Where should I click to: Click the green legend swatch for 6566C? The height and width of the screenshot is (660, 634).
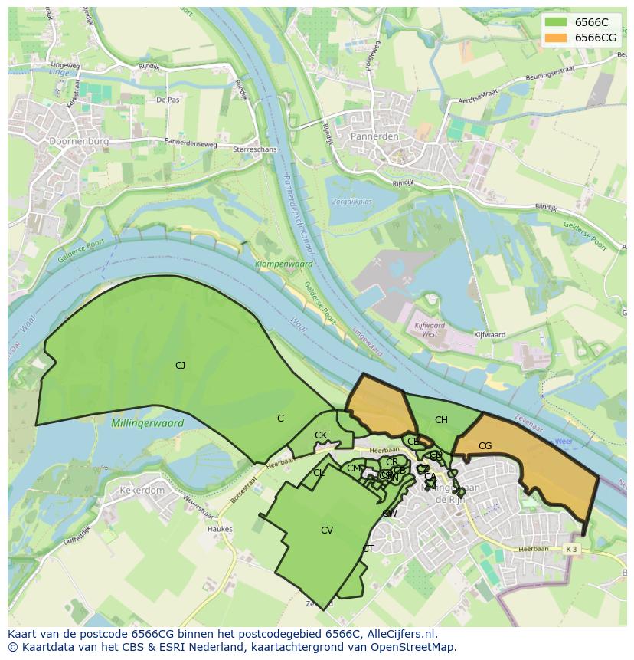[556, 22]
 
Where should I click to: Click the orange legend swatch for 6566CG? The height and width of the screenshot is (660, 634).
[556, 38]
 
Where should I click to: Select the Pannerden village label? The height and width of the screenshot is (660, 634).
[374, 136]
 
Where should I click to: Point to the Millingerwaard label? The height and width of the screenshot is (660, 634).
[147, 423]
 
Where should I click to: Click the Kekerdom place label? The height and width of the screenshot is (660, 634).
[142, 490]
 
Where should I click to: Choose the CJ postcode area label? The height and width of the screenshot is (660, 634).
[180, 366]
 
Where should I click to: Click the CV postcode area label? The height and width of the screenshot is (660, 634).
[327, 530]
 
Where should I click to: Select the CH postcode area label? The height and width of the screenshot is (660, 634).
[441, 420]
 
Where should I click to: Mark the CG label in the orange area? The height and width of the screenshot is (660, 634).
[485, 446]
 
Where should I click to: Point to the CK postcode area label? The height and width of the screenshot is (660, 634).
[321, 435]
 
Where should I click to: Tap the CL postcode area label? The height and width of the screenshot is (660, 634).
[319, 473]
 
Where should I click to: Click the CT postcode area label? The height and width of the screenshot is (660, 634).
[368, 549]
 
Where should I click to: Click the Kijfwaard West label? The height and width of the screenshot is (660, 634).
[430, 330]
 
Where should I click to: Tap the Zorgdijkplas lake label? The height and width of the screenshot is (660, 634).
[351, 202]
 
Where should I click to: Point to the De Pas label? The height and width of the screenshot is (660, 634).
[167, 100]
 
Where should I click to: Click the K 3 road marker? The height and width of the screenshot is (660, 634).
[570, 549]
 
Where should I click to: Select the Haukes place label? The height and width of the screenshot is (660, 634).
[220, 529]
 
